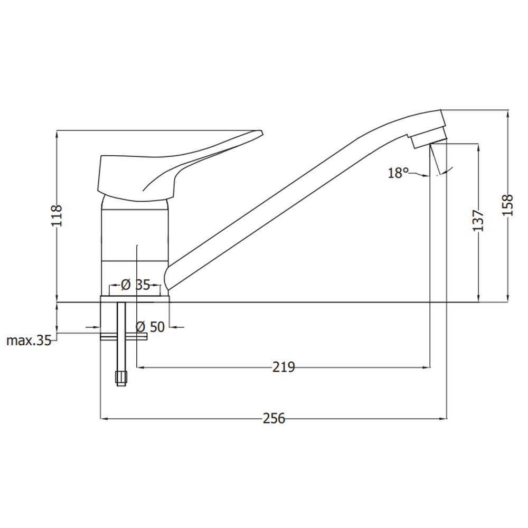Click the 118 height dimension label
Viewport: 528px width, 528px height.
click(56, 215)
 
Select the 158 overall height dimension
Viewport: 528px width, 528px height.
click(507, 205)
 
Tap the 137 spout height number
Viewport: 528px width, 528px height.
click(478, 221)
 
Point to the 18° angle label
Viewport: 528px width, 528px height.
click(398, 173)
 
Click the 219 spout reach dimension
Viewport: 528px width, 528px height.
click(284, 367)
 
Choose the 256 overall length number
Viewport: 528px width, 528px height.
click(274, 419)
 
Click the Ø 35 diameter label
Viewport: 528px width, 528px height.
click(135, 285)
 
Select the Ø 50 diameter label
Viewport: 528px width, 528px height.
click(150, 327)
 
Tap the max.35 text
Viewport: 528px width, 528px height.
click(29, 341)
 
